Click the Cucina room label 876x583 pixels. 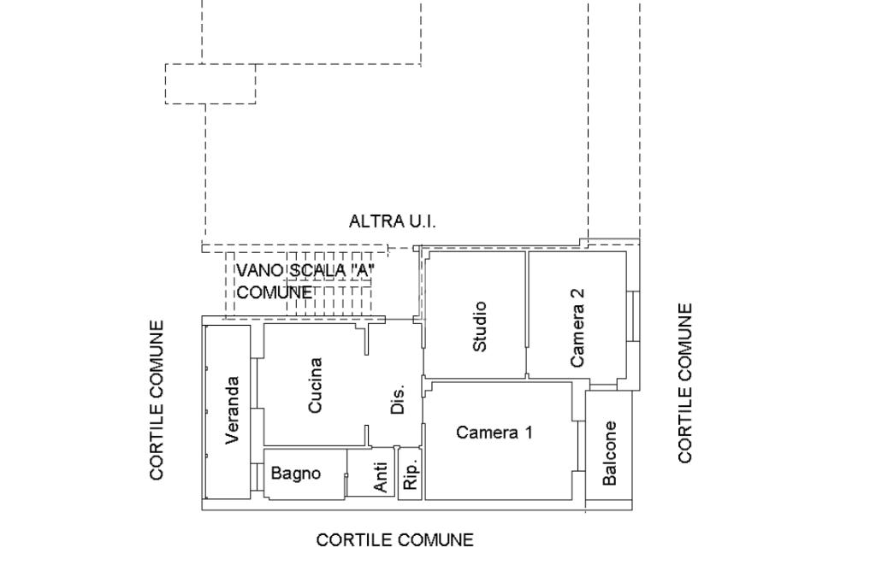(x=315, y=386)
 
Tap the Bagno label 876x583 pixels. (x=296, y=473)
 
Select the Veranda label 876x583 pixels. (x=233, y=410)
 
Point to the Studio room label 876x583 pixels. (x=480, y=326)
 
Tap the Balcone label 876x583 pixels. (x=610, y=453)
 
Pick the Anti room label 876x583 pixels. (x=382, y=478)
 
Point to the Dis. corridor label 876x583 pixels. (x=398, y=399)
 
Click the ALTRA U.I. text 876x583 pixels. (x=393, y=221)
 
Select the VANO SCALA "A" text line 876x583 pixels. (x=306, y=271)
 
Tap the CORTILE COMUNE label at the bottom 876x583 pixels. (x=394, y=540)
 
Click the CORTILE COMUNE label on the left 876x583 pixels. (x=157, y=400)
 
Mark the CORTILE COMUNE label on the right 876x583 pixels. (x=685, y=383)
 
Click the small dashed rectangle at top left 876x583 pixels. (x=210, y=84)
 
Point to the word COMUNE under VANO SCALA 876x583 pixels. (x=275, y=292)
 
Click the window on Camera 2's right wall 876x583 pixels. (x=634, y=315)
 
